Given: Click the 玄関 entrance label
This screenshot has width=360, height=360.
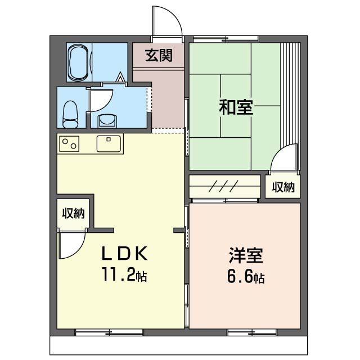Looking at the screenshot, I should pos(158,55).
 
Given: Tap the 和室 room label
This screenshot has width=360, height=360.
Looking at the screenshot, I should pos(236,107).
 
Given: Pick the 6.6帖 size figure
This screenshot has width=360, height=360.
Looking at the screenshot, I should pos(246,277).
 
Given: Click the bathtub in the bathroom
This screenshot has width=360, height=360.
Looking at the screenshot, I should pos(78,62).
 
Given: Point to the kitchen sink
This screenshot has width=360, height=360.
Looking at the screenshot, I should pos(109,144).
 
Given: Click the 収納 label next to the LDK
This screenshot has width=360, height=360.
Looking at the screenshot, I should pos(73,213).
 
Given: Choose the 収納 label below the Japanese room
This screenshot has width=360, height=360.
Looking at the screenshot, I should pos(283,187).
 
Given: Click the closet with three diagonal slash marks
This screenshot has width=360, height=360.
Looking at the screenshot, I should pos(225,187).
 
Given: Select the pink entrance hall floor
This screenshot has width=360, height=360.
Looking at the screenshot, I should pos(166,96).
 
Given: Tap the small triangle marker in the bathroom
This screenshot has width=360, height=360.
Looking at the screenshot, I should pos(120,78).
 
